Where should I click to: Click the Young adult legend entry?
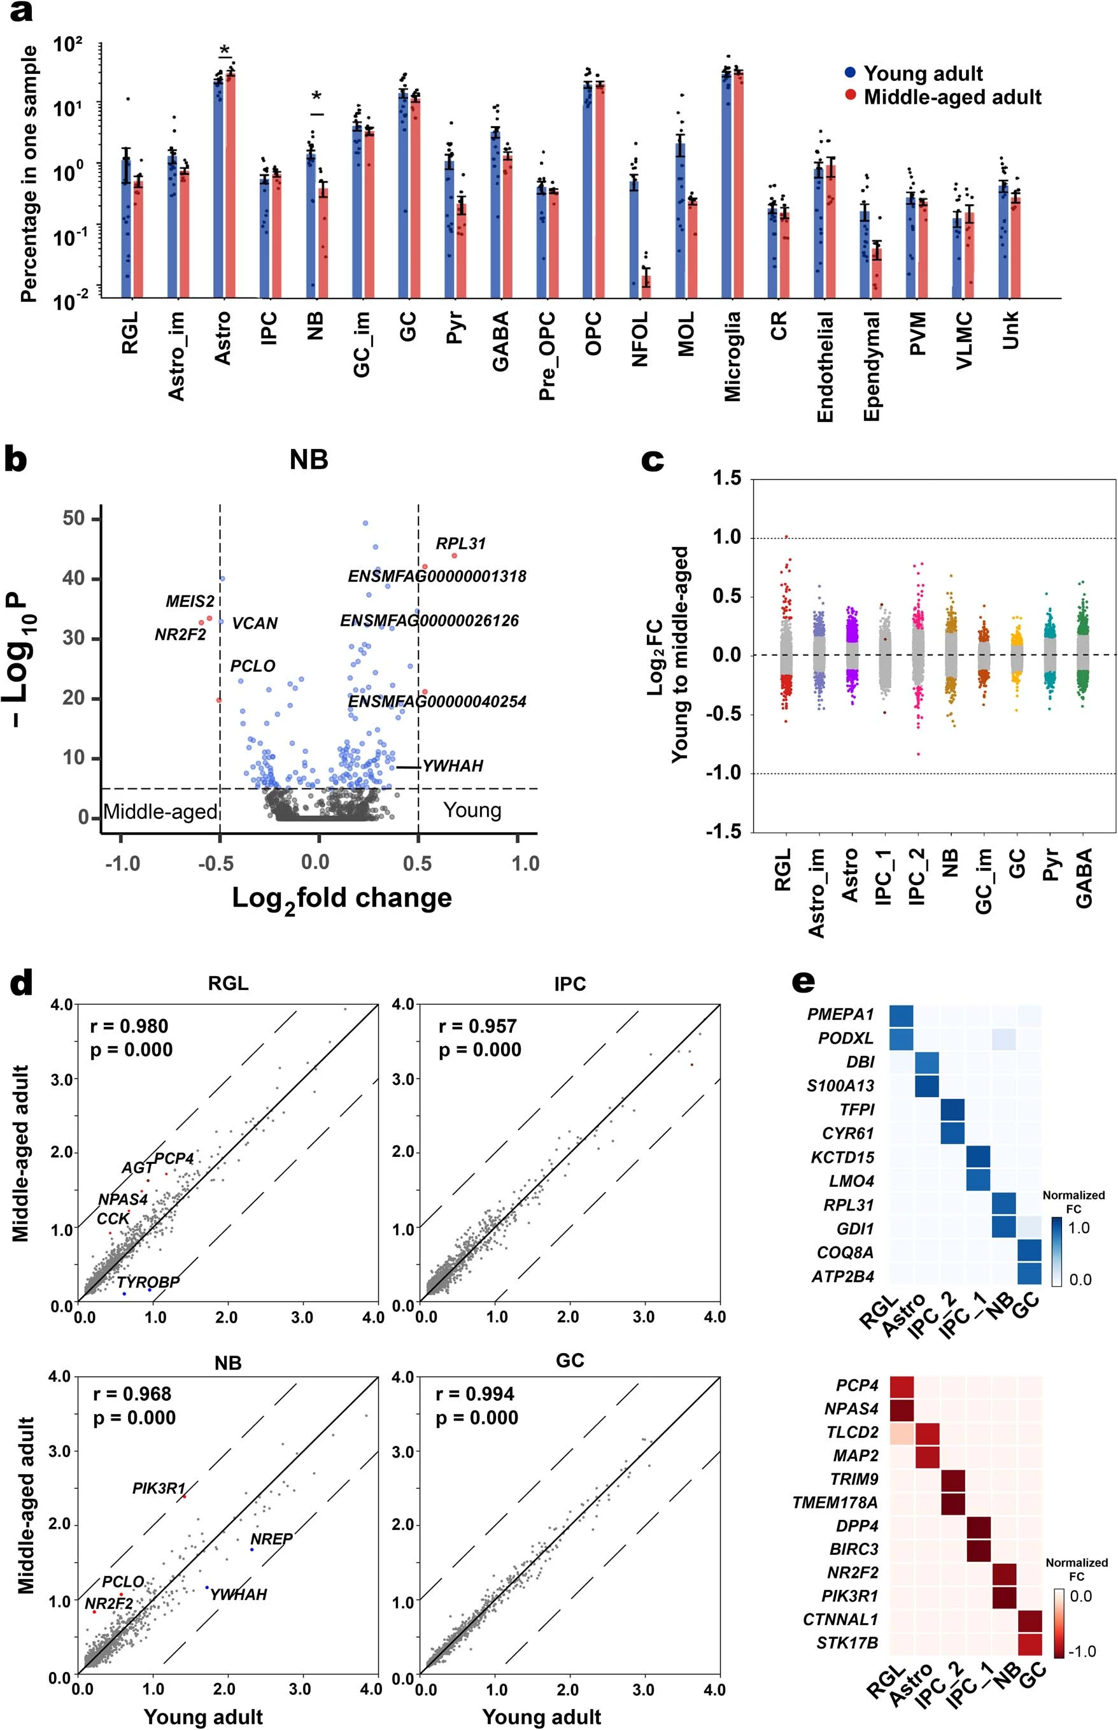(922, 73)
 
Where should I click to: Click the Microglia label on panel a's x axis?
(733, 356)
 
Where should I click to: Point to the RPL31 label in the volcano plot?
(460, 544)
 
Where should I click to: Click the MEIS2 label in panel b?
(190, 601)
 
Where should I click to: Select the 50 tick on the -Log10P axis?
(73, 518)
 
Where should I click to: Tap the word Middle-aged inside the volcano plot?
(160, 812)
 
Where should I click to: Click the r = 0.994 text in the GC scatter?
(475, 1394)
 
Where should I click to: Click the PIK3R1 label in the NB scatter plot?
(159, 1488)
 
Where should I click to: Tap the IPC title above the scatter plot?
(570, 984)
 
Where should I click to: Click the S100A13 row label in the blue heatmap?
(840, 1086)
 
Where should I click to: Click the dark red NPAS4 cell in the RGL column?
(902, 1409)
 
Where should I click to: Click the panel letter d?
(20, 984)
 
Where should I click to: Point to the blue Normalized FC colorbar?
(1057, 1252)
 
